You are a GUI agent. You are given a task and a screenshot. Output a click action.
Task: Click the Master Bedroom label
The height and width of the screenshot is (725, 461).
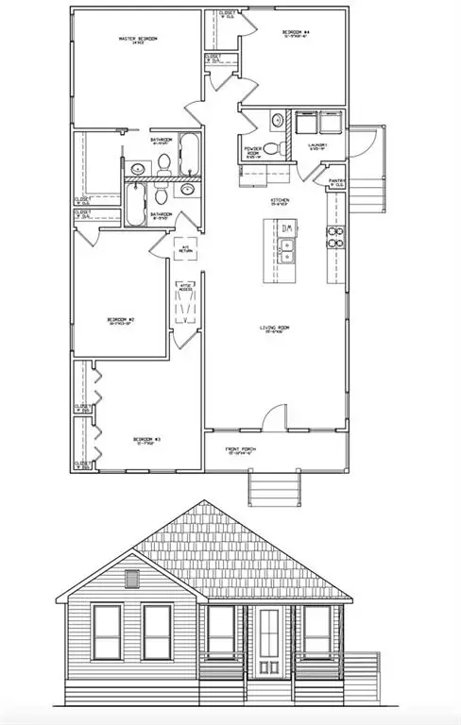pyautogui.click(x=137, y=39)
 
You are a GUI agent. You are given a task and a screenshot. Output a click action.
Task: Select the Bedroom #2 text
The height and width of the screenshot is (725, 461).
pyautogui.click(x=121, y=321)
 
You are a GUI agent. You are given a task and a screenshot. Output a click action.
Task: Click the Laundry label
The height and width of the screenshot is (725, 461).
pyautogui.click(x=316, y=145)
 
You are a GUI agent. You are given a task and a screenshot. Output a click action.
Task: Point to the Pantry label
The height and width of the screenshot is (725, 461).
pyautogui.click(x=335, y=181)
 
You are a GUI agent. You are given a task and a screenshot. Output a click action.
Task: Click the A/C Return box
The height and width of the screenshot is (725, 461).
pyautogui.click(x=186, y=248)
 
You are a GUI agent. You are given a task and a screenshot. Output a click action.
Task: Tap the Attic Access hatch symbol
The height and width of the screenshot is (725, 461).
pyautogui.click(x=184, y=306)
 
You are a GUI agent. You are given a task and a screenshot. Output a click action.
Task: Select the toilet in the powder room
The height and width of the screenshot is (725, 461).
pyautogui.click(x=271, y=147)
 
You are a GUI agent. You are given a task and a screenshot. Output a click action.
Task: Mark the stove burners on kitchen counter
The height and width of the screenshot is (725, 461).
pyautogui.click(x=333, y=237)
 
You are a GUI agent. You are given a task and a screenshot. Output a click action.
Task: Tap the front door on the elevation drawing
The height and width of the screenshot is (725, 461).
pyautogui.click(x=270, y=642)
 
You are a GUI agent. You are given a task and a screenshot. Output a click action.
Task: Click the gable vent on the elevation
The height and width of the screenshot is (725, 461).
pyautogui.click(x=131, y=579)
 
